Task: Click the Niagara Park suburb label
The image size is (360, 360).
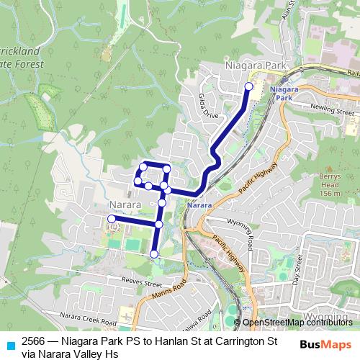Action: point(256,66)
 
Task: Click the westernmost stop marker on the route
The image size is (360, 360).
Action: point(112,219)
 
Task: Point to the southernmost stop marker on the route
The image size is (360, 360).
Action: point(153,253)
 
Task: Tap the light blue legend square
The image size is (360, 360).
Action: point(9,344)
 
